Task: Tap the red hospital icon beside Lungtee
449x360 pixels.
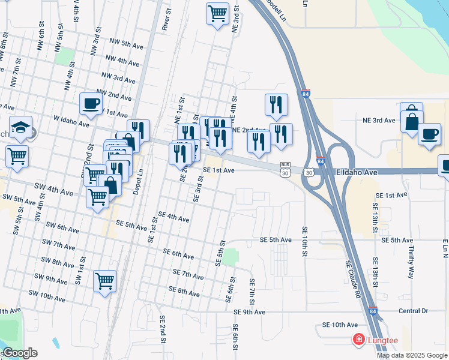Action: pyautogui.click(x=359, y=340)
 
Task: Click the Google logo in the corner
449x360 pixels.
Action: pyautogui.click(x=20, y=353)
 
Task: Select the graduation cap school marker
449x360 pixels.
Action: pyautogui.click(x=20, y=128)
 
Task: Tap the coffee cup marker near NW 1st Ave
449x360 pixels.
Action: pyautogui.click(x=91, y=104)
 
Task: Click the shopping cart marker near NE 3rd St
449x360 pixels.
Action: pyautogui.click(x=217, y=13)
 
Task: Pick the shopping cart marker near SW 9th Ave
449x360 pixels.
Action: pyautogui.click(x=105, y=281)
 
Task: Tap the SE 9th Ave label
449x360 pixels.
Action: pyautogui.click(x=250, y=312)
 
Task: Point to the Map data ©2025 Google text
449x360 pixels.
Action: pyautogui.click(x=412, y=355)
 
